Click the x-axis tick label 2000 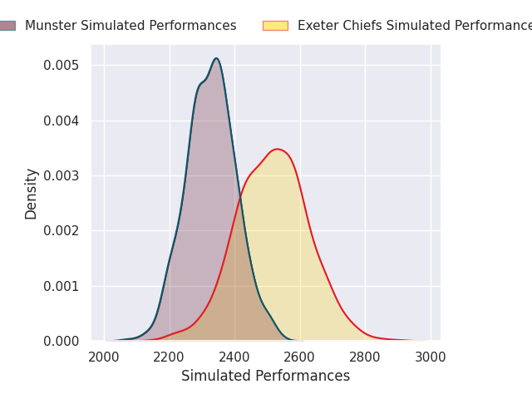104,357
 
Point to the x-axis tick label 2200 170,357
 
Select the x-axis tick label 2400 234,357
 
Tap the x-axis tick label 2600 300,357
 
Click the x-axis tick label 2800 365,357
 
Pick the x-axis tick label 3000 431,357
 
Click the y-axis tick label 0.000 62,342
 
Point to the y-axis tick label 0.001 62,286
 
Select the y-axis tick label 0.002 62,231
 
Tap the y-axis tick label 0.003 62,176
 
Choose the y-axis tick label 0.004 62,121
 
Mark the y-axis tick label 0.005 62,66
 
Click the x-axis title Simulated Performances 265,377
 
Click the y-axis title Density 32,194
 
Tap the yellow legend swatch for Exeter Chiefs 275,26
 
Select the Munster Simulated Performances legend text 131,26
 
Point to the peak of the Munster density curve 216,58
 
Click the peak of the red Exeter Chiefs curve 277,150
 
